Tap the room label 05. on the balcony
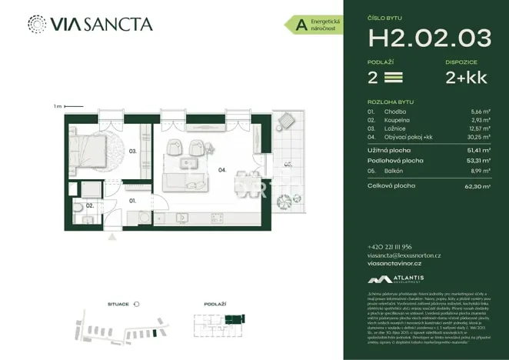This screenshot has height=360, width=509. [287, 163]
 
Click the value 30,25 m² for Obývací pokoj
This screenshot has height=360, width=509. [479, 136]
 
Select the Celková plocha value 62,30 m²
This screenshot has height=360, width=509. [477, 186]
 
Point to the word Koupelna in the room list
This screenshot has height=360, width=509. [398, 120]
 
